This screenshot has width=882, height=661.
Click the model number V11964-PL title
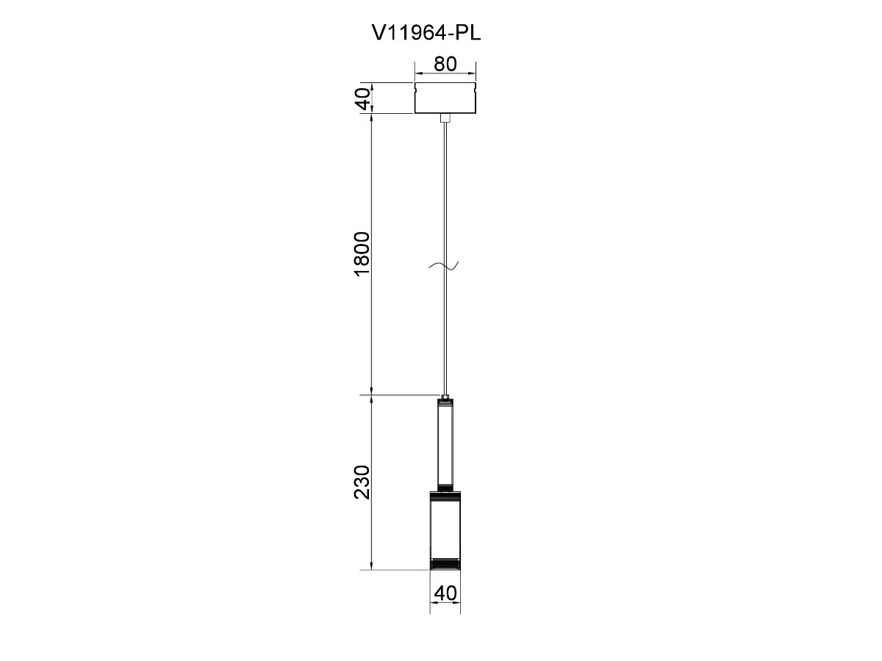[x=426, y=33]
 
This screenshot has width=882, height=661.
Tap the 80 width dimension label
[x=445, y=64]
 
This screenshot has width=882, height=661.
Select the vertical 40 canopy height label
[x=364, y=98]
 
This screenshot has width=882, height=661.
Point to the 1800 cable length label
[x=362, y=253]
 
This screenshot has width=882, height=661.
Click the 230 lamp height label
[x=362, y=482]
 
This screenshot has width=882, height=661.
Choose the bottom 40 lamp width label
[x=445, y=593]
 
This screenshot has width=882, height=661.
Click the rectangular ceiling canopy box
[x=445, y=98]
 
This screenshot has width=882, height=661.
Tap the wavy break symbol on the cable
[x=444, y=265]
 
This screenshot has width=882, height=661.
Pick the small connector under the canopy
[x=445, y=118]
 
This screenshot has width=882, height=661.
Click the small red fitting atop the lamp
[x=445, y=398]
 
